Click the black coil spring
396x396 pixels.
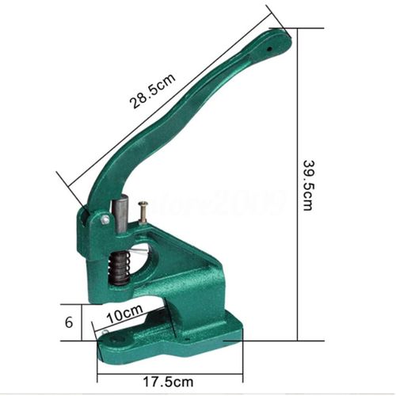point(118,268)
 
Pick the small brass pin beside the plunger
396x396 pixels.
point(143,212)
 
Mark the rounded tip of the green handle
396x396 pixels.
point(280,38)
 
